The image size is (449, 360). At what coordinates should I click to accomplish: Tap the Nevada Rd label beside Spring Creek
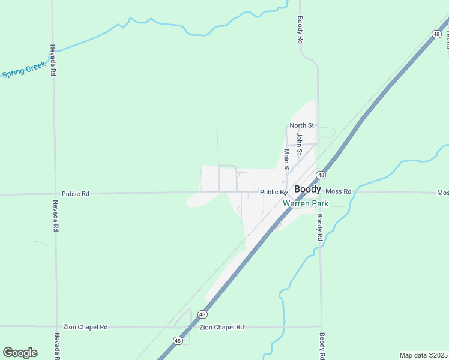pos(53,60)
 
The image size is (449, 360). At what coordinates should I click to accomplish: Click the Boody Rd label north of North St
pos(300,30)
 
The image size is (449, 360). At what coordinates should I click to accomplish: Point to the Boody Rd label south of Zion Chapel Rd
pos(322,346)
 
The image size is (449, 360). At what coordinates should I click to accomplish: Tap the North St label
pos(302,125)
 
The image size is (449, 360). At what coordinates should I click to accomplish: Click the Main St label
pos(286,160)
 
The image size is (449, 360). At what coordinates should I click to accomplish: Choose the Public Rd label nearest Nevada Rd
pos(75,194)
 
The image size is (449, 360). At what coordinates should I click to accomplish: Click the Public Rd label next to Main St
pos(273,192)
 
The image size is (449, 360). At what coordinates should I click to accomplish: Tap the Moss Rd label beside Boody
pos(339,191)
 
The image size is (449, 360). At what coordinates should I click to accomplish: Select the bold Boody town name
pos(307,189)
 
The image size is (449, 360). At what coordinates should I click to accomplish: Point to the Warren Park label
pos(305,204)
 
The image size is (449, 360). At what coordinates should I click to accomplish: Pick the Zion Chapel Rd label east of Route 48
pos(222,327)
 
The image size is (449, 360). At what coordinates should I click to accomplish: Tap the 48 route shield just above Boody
pos(322,175)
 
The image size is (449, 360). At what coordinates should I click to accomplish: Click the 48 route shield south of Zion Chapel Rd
pos(178,341)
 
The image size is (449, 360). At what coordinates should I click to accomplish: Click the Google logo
pos(20,353)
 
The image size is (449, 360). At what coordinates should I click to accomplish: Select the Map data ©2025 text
pos(423,355)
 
